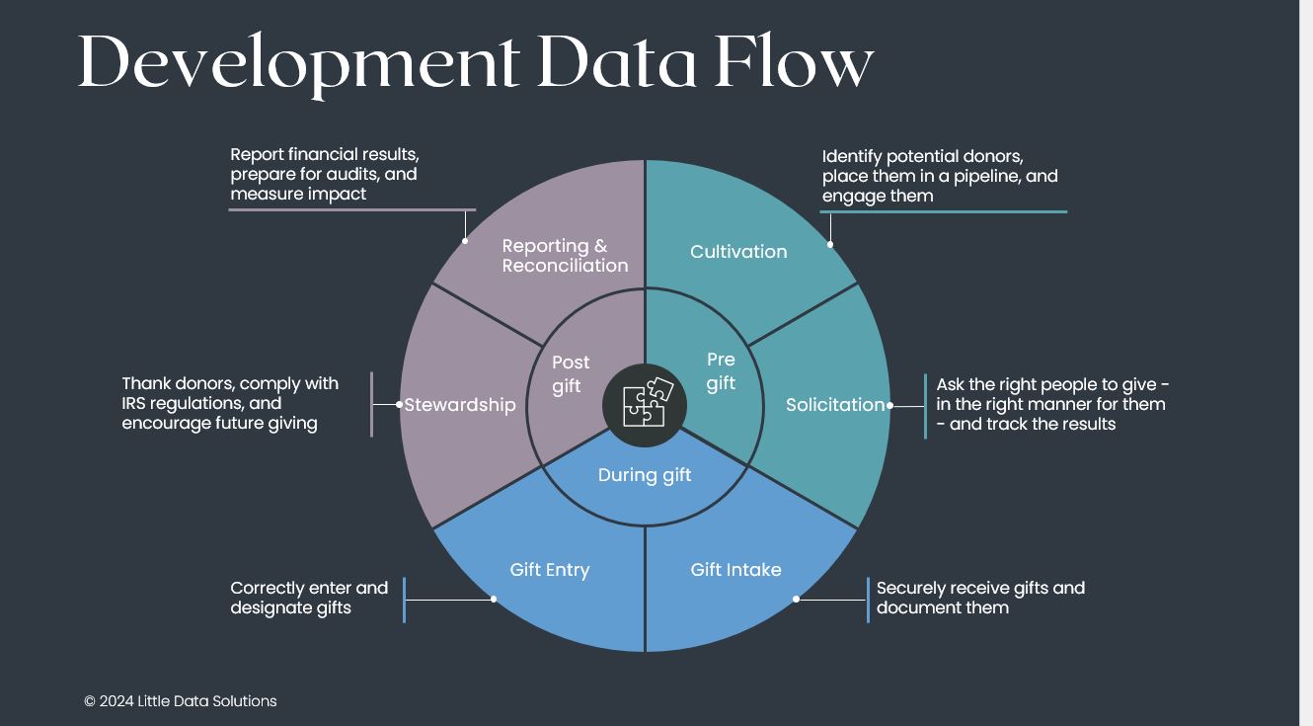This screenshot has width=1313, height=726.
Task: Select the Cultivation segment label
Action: pyautogui.click(x=738, y=252)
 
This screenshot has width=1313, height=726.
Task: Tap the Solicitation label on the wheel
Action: pyautogui.click(x=835, y=405)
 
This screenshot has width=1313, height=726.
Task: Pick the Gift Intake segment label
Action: pyautogui.click(x=735, y=570)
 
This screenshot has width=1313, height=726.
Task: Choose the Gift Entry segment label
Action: pyautogui.click(x=550, y=570)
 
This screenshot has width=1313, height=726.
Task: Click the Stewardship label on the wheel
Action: pyautogui.click(x=460, y=405)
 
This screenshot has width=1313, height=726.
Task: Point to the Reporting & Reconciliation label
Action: pyautogui.click(x=565, y=256)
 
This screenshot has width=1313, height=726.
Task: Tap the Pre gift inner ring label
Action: pyautogui.click(x=721, y=371)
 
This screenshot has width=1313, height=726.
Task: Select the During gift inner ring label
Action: pyautogui.click(x=645, y=475)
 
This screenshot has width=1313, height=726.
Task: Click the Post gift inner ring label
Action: pyautogui.click(x=570, y=374)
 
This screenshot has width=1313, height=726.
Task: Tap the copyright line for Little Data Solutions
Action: pyautogui.click(x=181, y=701)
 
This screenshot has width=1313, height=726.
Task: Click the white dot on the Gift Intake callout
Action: pyautogui.click(x=796, y=599)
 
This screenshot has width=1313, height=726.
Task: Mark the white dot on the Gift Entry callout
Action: pyautogui.click(x=494, y=599)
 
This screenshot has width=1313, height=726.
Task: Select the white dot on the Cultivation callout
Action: pyautogui.click(x=830, y=244)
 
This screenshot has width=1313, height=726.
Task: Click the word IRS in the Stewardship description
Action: pyautogui.click(x=138, y=404)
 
